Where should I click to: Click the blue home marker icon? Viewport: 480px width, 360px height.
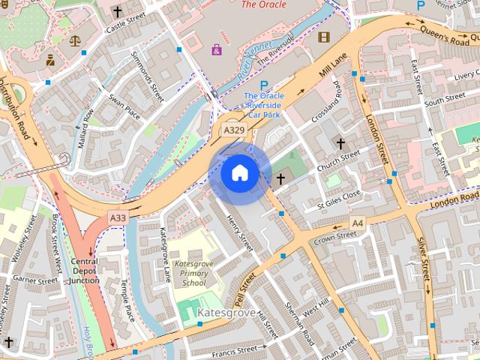pyautogui.click(x=240, y=172)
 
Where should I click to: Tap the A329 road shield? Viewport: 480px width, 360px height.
pyautogui.click(x=234, y=130)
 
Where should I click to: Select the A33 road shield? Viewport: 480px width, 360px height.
pyautogui.click(x=118, y=217)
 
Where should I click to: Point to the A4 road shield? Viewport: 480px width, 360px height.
pyautogui.click(x=358, y=223)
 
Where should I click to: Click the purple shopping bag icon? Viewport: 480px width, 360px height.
pyautogui.click(x=217, y=49)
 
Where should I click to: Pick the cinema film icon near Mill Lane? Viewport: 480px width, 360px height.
pyautogui.click(x=323, y=37)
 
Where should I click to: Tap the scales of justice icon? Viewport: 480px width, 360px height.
pyautogui.click(x=74, y=41)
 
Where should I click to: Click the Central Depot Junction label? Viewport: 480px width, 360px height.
pyautogui.click(x=85, y=271)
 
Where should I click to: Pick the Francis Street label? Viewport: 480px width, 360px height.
pyautogui.click(x=238, y=349)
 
